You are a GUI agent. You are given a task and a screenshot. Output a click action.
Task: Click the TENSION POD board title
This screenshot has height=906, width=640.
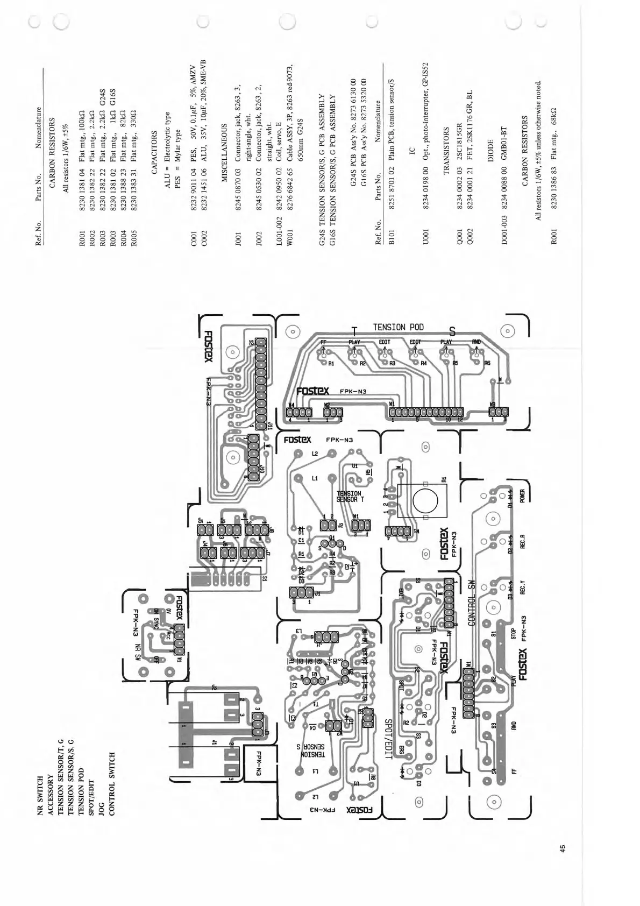point(398,327)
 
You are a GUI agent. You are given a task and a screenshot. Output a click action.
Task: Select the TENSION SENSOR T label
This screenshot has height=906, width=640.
point(349,496)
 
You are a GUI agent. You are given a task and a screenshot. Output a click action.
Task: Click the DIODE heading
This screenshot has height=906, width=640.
point(490,156)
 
